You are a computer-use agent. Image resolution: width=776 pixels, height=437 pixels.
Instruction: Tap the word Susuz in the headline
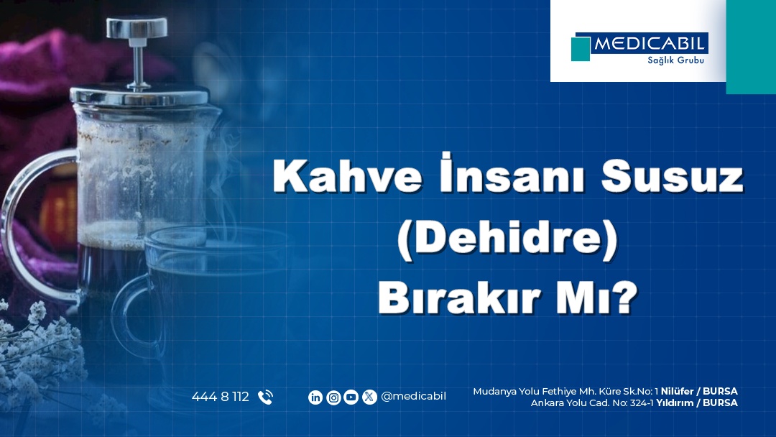tap(673, 176)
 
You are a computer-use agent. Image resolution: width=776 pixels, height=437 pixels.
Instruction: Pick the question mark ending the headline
tap(626, 298)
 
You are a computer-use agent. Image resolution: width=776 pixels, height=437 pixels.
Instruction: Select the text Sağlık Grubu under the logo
tap(675, 60)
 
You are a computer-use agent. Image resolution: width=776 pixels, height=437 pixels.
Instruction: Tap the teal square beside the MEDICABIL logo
tap(581, 48)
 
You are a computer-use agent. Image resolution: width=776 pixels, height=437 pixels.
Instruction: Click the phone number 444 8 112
tap(221, 397)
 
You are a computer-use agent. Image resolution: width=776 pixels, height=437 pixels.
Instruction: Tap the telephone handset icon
tap(265, 397)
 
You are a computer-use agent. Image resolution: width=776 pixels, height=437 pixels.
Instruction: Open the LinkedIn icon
tap(315, 397)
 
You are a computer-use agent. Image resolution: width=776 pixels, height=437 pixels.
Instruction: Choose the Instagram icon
tap(333, 397)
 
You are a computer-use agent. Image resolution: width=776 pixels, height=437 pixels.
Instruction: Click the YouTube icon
tap(351, 397)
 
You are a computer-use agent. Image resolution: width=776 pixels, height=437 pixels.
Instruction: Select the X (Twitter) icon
tap(369, 397)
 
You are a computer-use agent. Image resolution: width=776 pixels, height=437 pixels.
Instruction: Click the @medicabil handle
tap(413, 397)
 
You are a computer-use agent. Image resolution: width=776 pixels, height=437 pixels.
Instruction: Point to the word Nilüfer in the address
tap(677, 392)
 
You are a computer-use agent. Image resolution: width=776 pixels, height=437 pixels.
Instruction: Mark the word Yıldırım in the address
tap(674, 402)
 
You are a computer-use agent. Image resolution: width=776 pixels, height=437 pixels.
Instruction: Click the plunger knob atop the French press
tap(137, 28)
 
